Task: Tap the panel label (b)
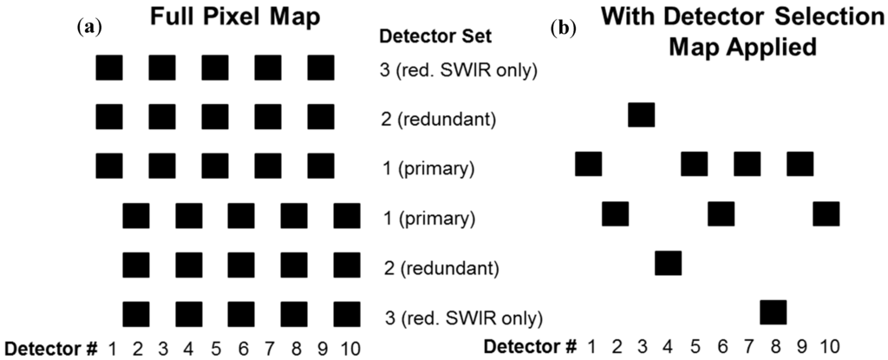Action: [x=561, y=26]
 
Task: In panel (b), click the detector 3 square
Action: [x=641, y=115]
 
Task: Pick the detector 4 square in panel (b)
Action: [x=668, y=262]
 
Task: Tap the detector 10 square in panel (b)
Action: [x=826, y=213]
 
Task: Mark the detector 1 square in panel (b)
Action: [x=588, y=163]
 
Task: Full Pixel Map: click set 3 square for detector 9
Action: [x=321, y=68]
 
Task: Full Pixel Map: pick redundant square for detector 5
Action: [x=215, y=116]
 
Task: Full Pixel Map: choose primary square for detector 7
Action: [x=268, y=165]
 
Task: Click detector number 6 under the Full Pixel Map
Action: [x=241, y=349]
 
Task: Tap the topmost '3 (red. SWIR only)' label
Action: [x=460, y=70]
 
